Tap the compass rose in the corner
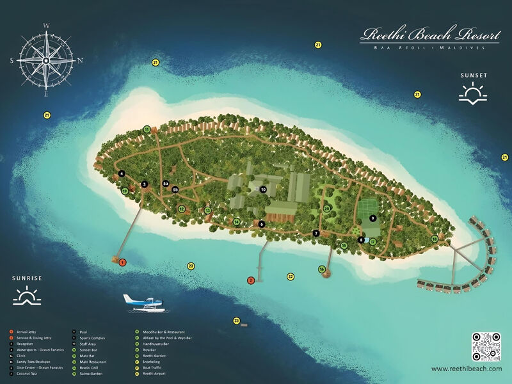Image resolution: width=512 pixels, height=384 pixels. click(x=46, y=60)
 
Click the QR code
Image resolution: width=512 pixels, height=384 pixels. click(x=485, y=346)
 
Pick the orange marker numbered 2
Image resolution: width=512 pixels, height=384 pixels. click(x=251, y=280)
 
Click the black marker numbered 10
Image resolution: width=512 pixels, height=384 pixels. click(x=262, y=189)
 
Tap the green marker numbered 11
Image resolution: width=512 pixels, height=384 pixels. click(x=147, y=129)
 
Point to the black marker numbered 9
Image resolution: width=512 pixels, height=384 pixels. click(x=372, y=218)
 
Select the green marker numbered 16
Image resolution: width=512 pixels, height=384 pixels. click(x=322, y=269)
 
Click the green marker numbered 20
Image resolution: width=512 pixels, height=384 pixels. click(x=327, y=209)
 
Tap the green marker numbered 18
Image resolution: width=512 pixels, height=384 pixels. click(x=434, y=239)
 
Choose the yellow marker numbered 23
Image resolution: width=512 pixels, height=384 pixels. click(x=236, y=320)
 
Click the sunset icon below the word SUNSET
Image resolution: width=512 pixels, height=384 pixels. click(x=473, y=95)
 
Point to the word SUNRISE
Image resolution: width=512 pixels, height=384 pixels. click(x=27, y=278)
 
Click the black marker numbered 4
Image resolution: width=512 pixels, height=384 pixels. click(x=121, y=173)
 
